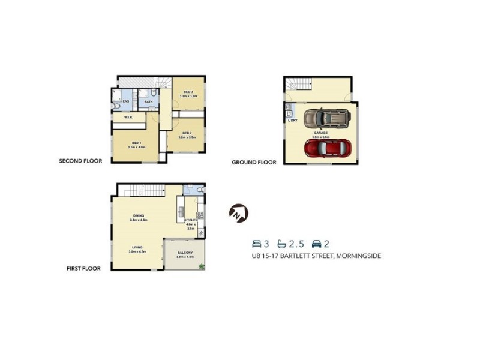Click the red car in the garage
pos(323,147)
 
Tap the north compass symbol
pos(238,213)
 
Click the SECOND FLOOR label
pos(80,161)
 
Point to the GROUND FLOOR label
pos(254,162)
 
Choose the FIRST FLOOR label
pos(83,268)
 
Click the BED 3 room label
pos(188,91)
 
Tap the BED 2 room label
pos(187,133)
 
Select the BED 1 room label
pos(136,142)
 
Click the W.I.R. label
pos(128,118)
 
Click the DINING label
pos(138,216)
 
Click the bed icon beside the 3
pos(256,244)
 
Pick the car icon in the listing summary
pos(316,244)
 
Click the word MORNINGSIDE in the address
pos(359,256)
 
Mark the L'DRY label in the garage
pos(293,121)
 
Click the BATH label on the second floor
pos(148,102)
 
